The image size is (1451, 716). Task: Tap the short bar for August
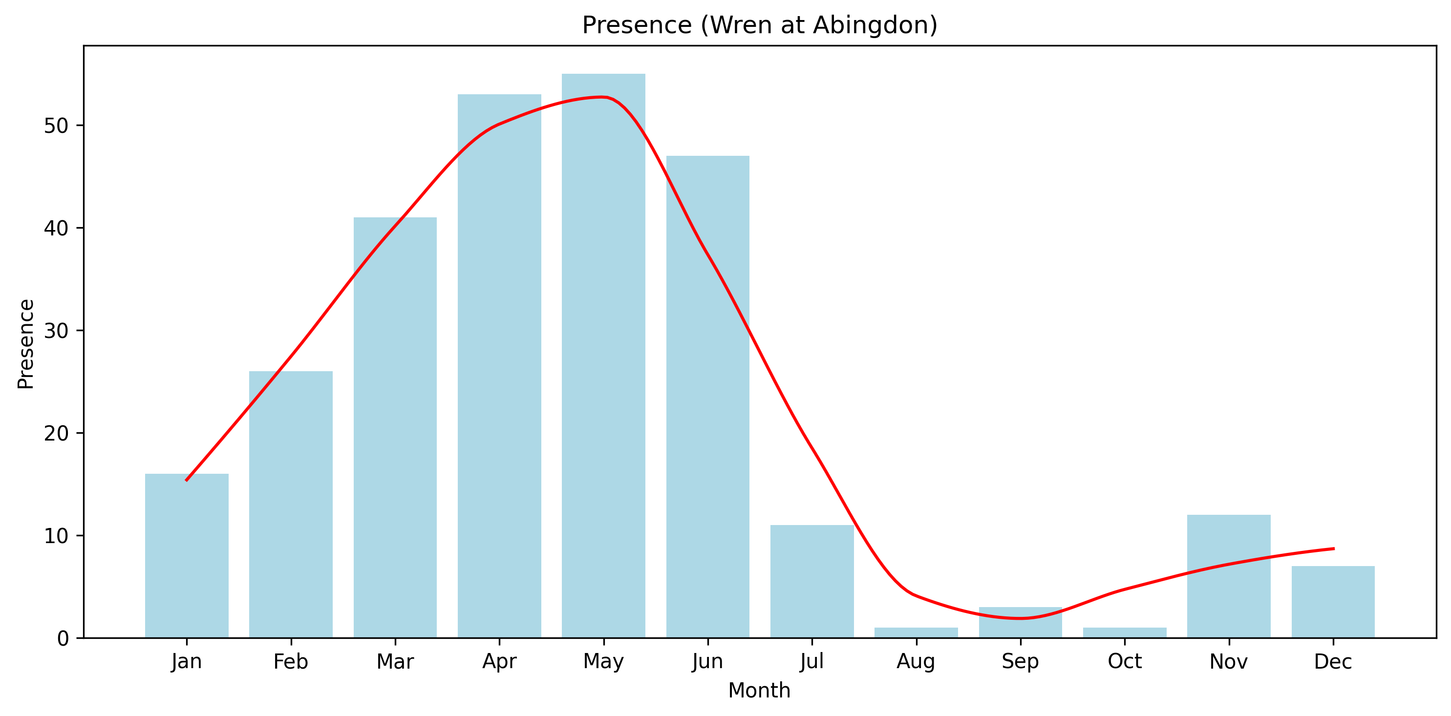[x=916, y=632]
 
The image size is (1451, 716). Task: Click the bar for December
[x=1333, y=602]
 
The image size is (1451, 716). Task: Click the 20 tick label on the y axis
[x=56, y=433]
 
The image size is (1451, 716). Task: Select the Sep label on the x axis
[x=1020, y=661]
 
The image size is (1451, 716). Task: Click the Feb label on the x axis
[x=291, y=661]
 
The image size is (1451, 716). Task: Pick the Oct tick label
[x=1124, y=661]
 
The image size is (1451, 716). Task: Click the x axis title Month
[x=759, y=691]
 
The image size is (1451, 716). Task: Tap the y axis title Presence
[x=26, y=343]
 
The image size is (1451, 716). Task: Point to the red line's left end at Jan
[x=187, y=480]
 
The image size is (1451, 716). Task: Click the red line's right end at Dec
[x=1333, y=548]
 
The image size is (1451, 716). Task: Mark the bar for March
[x=395, y=428]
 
